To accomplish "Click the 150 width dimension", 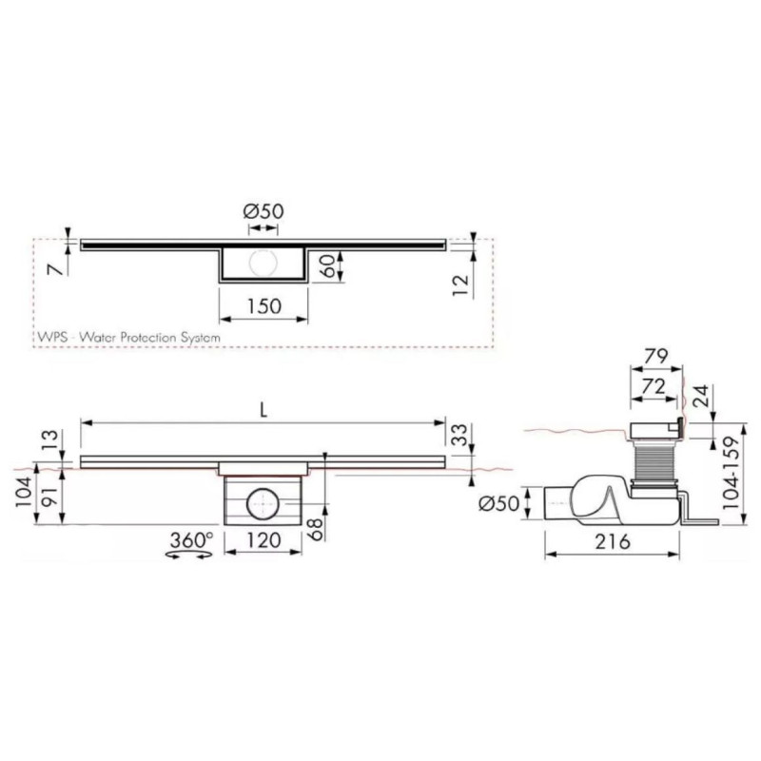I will (263, 307).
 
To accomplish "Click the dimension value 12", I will (460, 285).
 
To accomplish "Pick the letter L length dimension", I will (263, 408).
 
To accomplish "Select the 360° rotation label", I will (190, 540).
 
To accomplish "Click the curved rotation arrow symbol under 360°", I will (189, 559).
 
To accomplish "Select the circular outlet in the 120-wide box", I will (262, 502).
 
